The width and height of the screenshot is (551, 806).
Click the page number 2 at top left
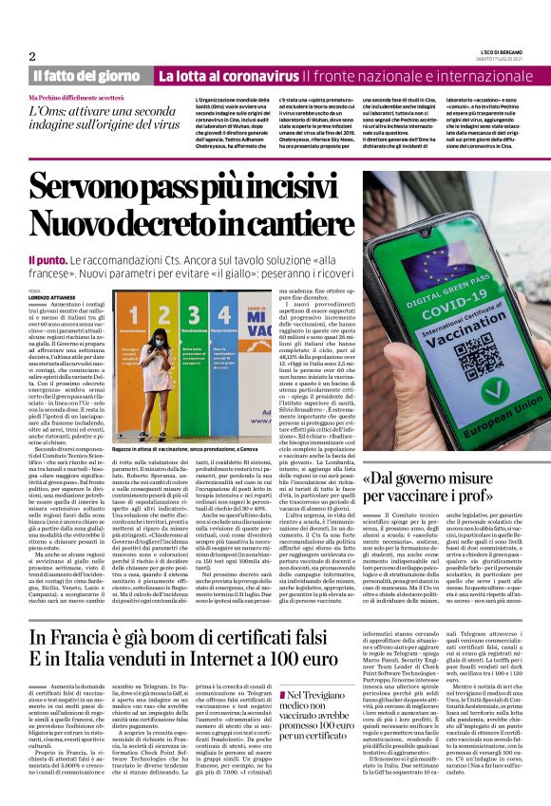[32, 56]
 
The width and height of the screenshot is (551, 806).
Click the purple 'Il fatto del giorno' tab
[85, 75]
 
